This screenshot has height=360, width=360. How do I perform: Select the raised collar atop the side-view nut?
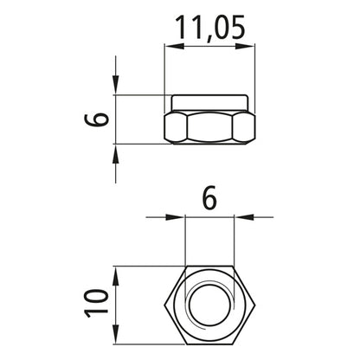pyautogui.click(x=209, y=101)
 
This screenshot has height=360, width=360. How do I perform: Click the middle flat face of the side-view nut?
pyautogui.click(x=209, y=126)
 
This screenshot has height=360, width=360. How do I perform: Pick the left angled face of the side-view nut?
pyautogui.click(x=176, y=126)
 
